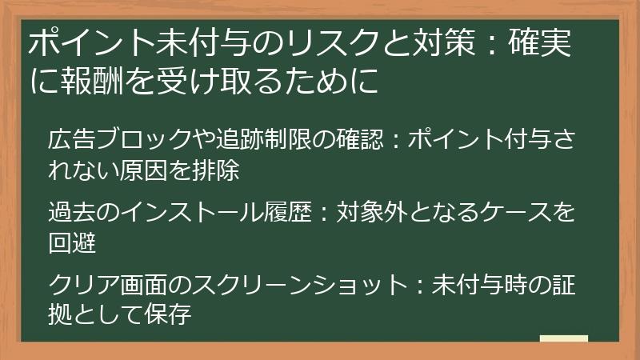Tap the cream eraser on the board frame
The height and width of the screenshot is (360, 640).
(x=563, y=338)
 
